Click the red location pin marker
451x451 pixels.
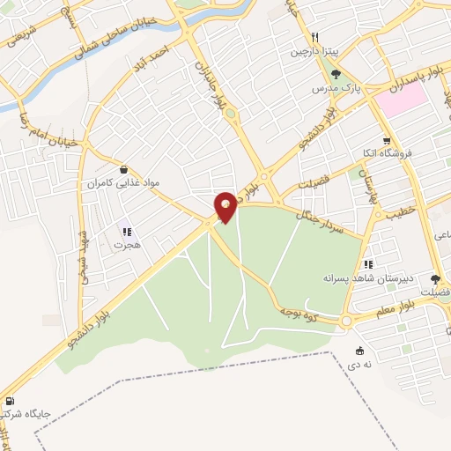225,206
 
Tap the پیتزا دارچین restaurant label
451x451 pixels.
314,52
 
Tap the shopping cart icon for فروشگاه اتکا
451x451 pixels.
386,141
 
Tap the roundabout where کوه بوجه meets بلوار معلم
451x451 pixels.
346,322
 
